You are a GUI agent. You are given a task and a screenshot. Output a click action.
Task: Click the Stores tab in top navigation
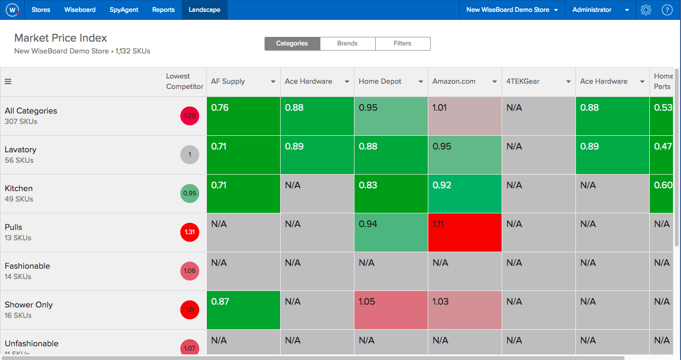coord(41,10)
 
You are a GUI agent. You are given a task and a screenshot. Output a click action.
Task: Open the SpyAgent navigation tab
coord(124,10)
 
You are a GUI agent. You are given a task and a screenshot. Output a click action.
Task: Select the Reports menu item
coord(163,10)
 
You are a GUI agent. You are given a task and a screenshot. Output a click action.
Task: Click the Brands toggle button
coord(347,44)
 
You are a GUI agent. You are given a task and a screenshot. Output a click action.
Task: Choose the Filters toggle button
coord(402,44)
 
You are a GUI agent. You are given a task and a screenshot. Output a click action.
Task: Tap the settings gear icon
coord(646,10)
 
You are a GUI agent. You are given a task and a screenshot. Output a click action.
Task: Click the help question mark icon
coord(667,10)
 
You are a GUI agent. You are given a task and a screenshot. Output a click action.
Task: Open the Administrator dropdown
coord(601,10)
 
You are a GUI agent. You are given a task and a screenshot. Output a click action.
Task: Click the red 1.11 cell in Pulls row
coord(464,232)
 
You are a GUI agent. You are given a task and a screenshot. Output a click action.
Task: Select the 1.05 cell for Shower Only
coord(390,310)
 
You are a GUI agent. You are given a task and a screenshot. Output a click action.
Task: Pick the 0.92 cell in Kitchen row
coord(464,193)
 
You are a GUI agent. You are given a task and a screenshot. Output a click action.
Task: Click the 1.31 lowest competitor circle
coord(190,232)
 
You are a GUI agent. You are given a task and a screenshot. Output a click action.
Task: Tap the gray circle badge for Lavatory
coord(190,155)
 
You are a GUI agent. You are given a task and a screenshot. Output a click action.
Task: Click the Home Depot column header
coord(380,81)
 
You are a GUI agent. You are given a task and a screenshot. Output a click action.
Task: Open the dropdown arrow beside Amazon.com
coord(495,82)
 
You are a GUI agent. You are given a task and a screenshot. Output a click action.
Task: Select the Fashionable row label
coord(27,266)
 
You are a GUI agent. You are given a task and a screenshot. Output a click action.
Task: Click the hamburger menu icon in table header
coord(8,81)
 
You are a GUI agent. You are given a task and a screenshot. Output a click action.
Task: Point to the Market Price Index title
coord(61,38)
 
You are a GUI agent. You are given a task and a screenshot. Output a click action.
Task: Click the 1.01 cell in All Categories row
coord(464,116)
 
